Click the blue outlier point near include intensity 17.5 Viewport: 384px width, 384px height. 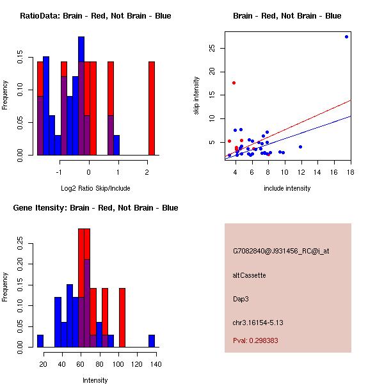pyautogui.click(x=346, y=36)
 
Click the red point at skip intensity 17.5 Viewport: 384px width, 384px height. pyautogui.click(x=234, y=83)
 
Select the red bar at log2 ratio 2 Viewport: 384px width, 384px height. pyautogui.click(x=152, y=108)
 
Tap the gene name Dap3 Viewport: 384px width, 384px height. pyautogui.click(x=241, y=298)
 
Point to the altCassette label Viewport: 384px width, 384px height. pyautogui.click(x=249, y=275)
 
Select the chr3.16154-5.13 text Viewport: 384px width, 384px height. pyautogui.click(x=258, y=322)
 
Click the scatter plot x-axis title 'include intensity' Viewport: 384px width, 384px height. pyautogui.click(x=288, y=188)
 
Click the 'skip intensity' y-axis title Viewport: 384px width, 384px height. pyautogui.click(x=197, y=96)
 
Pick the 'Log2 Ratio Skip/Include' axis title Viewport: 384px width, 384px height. pyautogui.click(x=95, y=188)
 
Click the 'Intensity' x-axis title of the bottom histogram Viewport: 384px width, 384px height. pyautogui.click(x=95, y=380)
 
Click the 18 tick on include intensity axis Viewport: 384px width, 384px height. pyautogui.click(x=351, y=172)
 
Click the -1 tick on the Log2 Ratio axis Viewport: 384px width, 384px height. pyautogui.click(x=60, y=172)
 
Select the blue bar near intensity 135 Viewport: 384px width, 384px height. pyautogui.click(x=152, y=340)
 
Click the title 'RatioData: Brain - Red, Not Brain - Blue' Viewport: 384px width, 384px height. pyautogui.click(x=95, y=16)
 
